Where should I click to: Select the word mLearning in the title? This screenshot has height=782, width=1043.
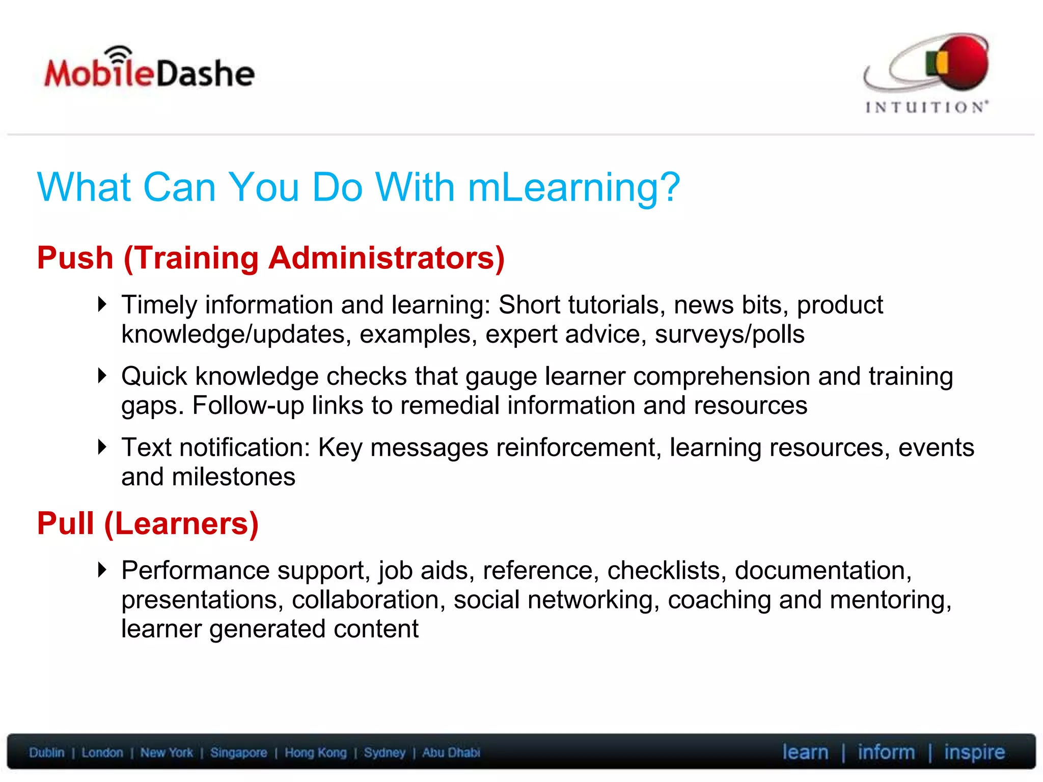tap(574, 187)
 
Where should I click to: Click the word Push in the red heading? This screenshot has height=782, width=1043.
tap(75, 258)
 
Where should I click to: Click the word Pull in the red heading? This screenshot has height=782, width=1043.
tap(66, 523)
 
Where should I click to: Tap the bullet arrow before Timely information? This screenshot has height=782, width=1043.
tap(102, 304)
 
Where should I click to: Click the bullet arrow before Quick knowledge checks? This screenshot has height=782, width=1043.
tap(102, 376)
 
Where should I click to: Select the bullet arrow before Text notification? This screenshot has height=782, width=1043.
tap(102, 447)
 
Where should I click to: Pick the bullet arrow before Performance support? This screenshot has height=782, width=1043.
tap(102, 570)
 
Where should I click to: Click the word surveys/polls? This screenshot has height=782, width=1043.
tap(730, 334)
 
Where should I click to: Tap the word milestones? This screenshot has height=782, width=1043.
tap(233, 477)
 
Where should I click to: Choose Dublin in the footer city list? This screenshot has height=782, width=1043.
tap(47, 752)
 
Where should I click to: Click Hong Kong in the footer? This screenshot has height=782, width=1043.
tap(315, 752)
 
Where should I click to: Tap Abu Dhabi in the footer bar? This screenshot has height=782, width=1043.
tap(451, 752)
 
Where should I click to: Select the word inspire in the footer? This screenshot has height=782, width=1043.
tap(974, 752)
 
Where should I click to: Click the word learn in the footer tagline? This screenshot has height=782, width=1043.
tap(805, 752)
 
